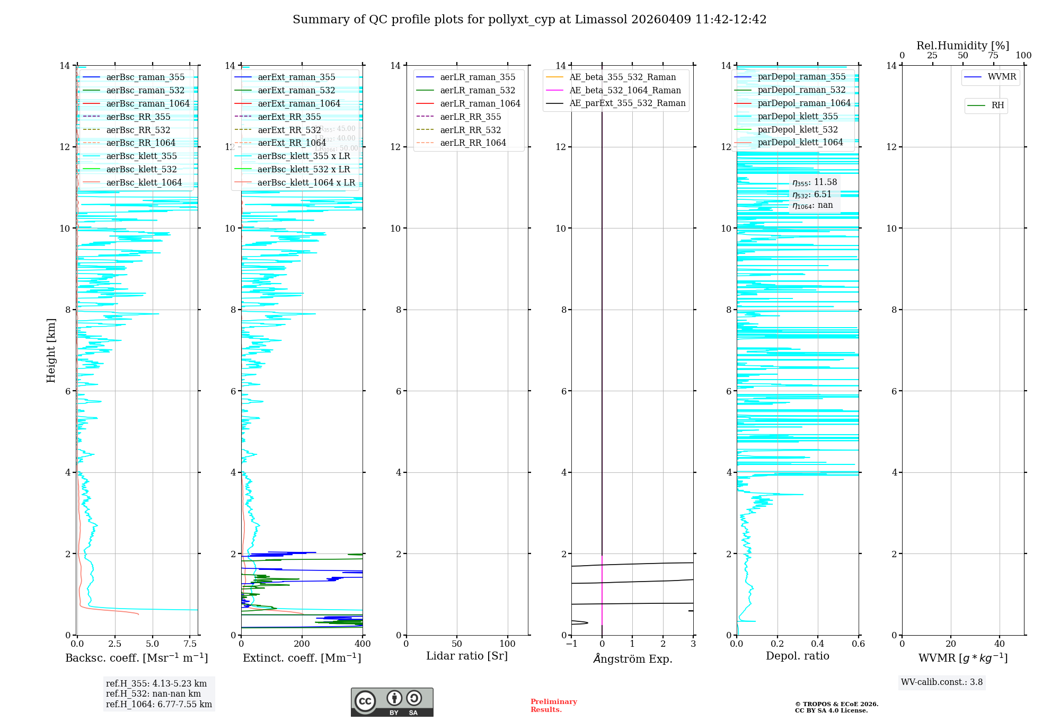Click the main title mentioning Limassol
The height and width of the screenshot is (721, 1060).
point(529,20)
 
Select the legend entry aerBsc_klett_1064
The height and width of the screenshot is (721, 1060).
point(144,183)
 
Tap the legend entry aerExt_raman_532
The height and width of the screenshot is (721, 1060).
point(296,91)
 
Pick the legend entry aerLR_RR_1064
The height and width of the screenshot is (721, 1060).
point(473,143)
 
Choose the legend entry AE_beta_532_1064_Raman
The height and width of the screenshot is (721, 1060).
point(625,91)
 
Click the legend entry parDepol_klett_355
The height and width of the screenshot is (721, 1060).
point(798,117)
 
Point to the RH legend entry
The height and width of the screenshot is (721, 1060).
point(997,105)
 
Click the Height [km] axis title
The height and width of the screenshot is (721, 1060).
point(51,350)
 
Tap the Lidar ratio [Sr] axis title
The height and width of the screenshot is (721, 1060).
point(467,656)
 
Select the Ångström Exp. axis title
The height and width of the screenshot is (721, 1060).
point(632,658)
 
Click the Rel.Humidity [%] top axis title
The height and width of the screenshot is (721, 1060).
point(962,46)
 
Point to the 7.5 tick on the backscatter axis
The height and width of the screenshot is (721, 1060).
point(190,644)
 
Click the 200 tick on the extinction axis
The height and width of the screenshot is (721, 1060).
point(302,644)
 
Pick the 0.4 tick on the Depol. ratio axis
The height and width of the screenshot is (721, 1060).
point(818,644)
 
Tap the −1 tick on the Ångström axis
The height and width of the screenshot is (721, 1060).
point(571,644)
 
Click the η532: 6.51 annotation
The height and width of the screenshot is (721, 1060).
point(812,195)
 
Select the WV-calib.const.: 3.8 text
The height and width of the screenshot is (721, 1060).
point(942,682)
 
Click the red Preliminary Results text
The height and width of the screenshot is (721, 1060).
point(553,706)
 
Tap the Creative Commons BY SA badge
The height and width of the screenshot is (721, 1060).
point(392,702)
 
